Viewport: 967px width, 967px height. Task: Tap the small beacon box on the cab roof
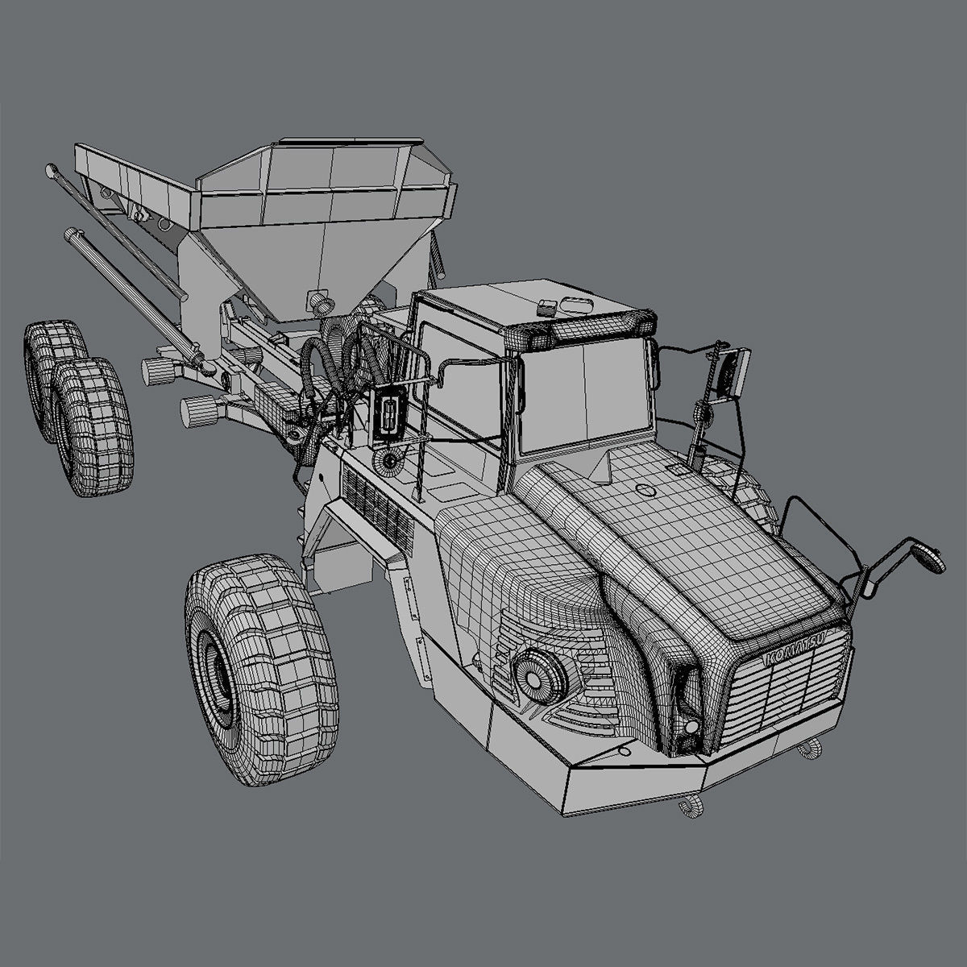click(548, 307)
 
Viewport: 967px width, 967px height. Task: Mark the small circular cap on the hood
click(645, 489)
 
